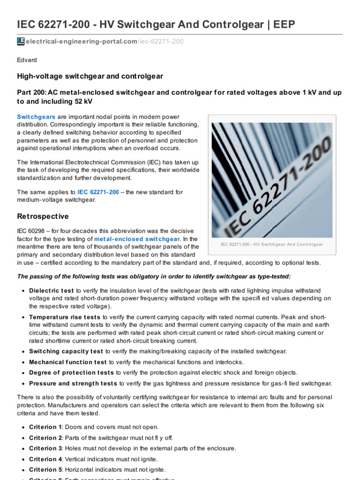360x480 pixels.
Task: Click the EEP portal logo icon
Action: coord(21,42)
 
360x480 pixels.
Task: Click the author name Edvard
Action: coord(27,60)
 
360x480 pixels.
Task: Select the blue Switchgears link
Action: coord(36,116)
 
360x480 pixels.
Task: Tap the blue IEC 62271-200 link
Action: coord(98,192)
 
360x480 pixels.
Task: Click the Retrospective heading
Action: coord(43,216)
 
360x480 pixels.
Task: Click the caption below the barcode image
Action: coord(272,245)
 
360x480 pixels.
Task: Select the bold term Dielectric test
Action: coord(52,291)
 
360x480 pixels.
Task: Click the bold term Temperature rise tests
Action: coord(65,317)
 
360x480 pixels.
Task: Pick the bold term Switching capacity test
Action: coord(66,351)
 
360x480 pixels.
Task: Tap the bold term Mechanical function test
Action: coord(68,362)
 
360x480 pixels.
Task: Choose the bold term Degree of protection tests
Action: coord(71,373)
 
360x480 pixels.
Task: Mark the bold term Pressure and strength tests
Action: coord(73,383)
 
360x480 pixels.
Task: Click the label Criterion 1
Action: coord(45,427)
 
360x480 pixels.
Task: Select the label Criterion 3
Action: coord(45,448)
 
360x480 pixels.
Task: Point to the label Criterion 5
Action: coord(45,469)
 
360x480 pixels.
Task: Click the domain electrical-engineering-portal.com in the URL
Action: coord(81,42)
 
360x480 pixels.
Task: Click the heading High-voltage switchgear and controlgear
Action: coord(90,76)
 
